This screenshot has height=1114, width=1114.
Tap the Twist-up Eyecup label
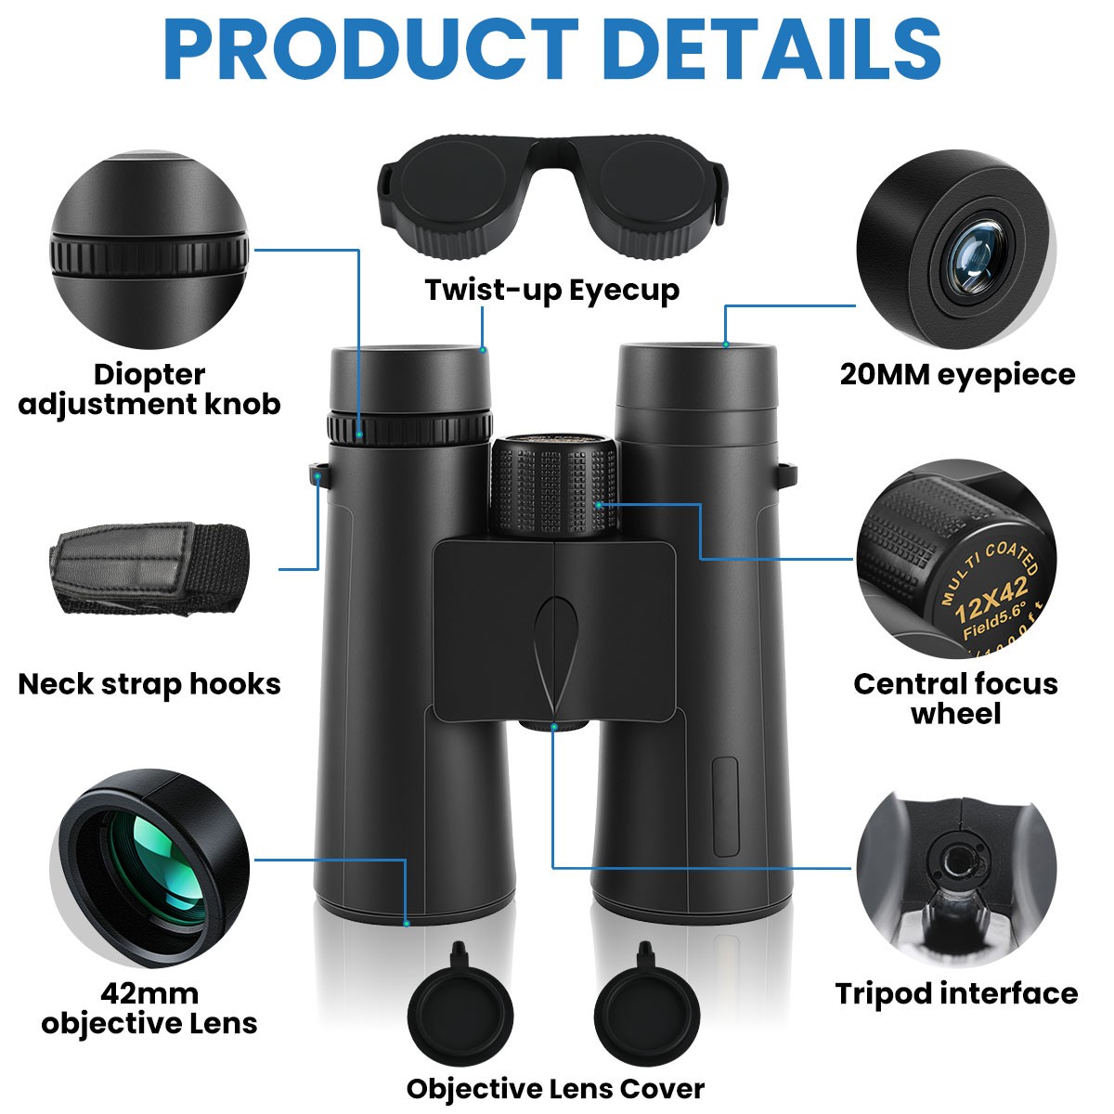tap(552, 291)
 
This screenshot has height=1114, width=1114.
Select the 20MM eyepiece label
tap(957, 374)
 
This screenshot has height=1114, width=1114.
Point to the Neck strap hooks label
tap(149, 684)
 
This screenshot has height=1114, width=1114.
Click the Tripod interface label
tap(956, 993)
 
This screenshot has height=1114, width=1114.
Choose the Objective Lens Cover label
tap(555, 1088)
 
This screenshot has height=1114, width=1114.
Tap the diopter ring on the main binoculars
tap(408, 428)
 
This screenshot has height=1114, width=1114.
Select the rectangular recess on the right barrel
tap(725, 806)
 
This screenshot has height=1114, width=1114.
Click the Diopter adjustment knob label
tap(149, 389)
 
